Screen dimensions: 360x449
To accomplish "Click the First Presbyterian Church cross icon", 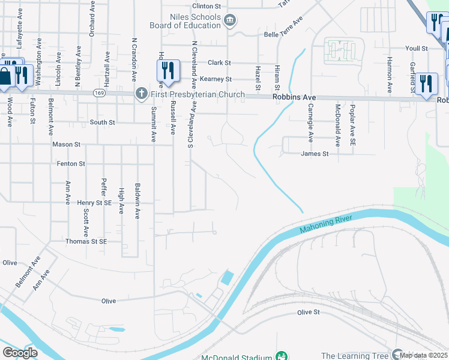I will click(x=141, y=94).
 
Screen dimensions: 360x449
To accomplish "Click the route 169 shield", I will click(x=100, y=94).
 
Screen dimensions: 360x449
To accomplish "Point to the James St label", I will click(x=315, y=154).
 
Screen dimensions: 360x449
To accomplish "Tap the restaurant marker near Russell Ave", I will click(x=169, y=71).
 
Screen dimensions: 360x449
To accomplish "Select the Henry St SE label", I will click(x=94, y=203).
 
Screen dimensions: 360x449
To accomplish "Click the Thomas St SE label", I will click(x=86, y=241).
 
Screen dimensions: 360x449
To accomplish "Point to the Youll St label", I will click(x=415, y=48).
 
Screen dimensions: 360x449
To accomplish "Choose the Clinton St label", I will click(x=206, y=5).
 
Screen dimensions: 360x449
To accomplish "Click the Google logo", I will click(x=20, y=353).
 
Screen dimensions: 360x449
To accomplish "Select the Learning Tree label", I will click(x=354, y=356).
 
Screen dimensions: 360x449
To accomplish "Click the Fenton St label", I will click(x=71, y=163).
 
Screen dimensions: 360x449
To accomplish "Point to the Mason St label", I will click(x=66, y=145).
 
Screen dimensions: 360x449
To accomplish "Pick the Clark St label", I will click(x=219, y=62).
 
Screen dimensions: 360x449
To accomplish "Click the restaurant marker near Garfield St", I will click(x=426, y=83).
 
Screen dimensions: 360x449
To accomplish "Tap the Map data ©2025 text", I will click(x=424, y=356).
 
